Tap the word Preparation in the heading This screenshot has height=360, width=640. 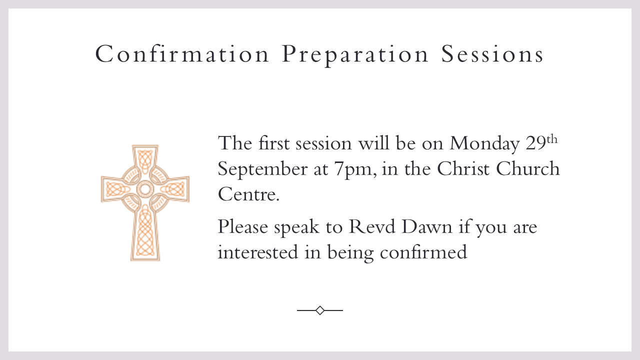click(355, 55)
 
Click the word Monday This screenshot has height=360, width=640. click(484, 144)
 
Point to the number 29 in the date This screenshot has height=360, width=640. click(536, 143)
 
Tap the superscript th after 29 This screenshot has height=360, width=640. click(552, 140)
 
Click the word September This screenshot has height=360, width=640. click(262, 169)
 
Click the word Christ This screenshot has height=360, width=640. click(463, 168)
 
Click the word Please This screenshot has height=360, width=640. click(243, 227)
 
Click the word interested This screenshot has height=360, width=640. click(258, 252)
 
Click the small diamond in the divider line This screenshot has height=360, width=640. click(320, 310)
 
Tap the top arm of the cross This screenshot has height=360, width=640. click(145, 158)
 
